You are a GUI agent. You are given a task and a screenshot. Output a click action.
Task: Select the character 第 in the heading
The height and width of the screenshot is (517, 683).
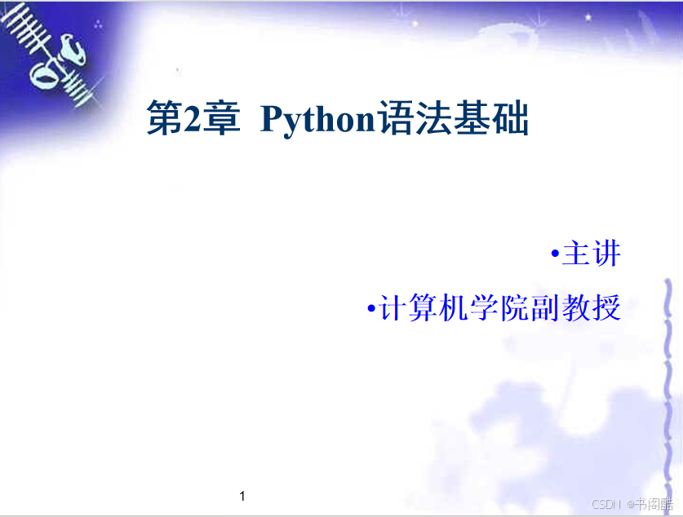click(165, 118)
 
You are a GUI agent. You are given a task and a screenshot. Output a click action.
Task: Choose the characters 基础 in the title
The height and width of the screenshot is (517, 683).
click(490, 118)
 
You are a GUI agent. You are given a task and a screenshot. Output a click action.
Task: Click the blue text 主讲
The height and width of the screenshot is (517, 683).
click(592, 254)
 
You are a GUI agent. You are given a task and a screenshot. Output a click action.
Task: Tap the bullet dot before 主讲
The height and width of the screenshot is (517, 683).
click(555, 254)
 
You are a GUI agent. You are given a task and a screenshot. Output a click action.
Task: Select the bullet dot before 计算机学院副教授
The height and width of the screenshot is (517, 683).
click(371, 308)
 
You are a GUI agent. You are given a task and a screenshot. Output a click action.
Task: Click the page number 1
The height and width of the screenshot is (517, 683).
click(242, 496)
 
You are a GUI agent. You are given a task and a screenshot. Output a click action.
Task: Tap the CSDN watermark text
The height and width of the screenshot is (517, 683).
click(606, 504)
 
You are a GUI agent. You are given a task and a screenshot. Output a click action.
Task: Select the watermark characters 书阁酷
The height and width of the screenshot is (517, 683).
click(654, 504)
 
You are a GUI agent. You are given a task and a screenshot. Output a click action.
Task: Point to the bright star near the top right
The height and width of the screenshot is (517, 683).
click(588, 17)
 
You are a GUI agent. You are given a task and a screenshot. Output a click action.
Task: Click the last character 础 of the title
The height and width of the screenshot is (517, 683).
click(510, 118)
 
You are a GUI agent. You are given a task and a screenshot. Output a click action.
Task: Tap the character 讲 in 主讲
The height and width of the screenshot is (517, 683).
click(607, 254)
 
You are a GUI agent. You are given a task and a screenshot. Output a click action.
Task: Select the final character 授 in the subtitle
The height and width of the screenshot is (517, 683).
click(606, 308)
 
